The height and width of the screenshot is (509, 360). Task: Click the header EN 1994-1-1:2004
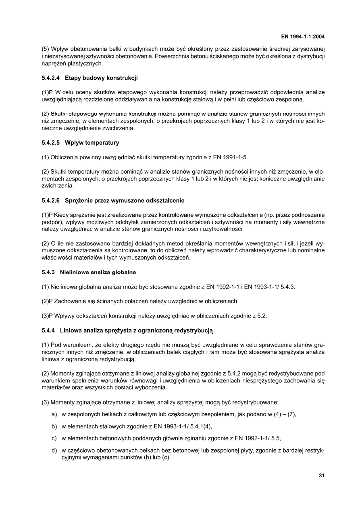point(303,37)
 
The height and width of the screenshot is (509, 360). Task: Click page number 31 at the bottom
point(321,475)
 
